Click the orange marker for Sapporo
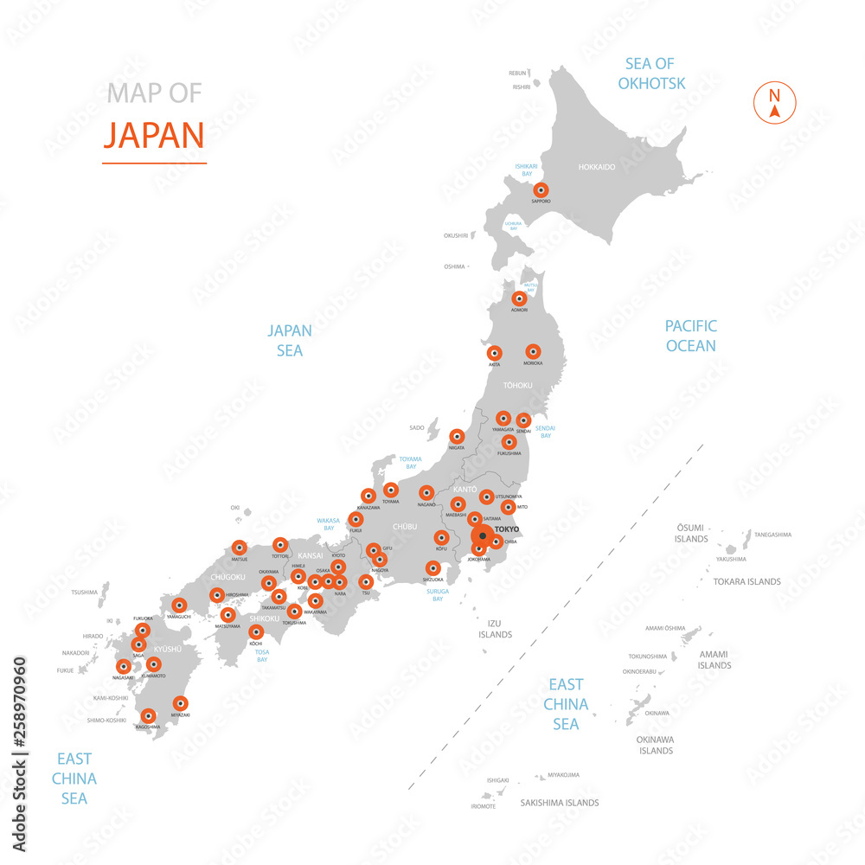tap(541, 190)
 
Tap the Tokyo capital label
tap(508, 529)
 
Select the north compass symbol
tap(774, 103)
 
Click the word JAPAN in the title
tap(154, 135)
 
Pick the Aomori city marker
tap(519, 298)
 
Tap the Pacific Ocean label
tap(690, 336)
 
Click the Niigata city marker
tap(457, 437)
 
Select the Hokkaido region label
tap(597, 167)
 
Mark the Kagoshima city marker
tap(149, 716)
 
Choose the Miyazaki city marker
tap(180, 704)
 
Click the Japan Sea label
tap(290, 340)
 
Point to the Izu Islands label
tap(495, 629)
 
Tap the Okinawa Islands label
tap(656, 745)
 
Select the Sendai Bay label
tap(546, 432)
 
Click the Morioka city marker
tap(533, 351)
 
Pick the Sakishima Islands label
tap(560, 803)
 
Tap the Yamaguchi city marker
tap(179, 605)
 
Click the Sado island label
tap(417, 427)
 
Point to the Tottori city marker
tap(279, 545)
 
